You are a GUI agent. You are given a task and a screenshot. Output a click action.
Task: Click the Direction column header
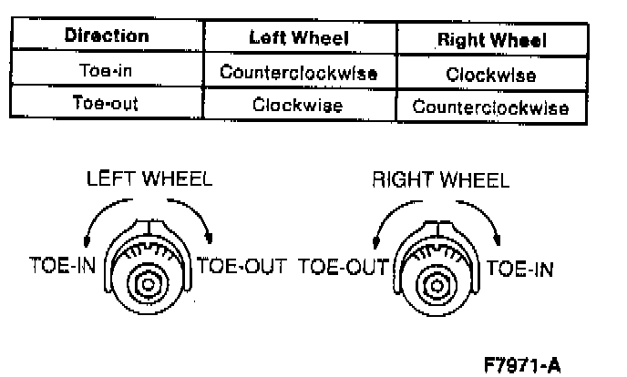click(x=107, y=37)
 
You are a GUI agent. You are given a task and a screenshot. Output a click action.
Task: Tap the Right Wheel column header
click(x=491, y=40)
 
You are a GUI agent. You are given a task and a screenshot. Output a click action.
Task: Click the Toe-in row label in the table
click(x=107, y=72)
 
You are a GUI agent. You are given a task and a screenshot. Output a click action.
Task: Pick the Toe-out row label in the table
click(x=107, y=104)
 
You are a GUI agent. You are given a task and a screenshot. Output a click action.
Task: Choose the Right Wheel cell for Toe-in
click(x=491, y=75)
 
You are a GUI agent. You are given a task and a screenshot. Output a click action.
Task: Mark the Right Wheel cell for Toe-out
click(x=491, y=107)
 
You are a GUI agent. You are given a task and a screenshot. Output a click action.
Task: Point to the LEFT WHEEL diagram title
click(x=149, y=178)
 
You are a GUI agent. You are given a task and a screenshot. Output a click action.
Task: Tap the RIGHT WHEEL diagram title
click(x=440, y=179)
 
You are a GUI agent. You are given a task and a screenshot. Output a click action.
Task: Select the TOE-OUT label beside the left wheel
click(x=242, y=268)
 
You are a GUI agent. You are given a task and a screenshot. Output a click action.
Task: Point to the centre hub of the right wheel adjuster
click(x=435, y=284)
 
